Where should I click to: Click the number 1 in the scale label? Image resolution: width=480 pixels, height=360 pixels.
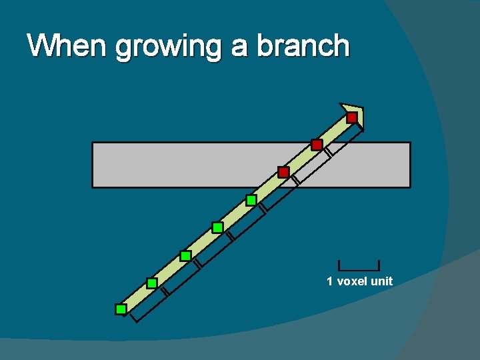click(329, 281)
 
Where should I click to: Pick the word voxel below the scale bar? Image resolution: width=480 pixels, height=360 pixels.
click(352, 281)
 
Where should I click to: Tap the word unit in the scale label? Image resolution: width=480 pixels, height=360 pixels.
click(381, 281)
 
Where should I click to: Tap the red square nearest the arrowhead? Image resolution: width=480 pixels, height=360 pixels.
click(352, 118)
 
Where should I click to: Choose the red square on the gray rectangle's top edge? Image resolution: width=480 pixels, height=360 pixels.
click(317, 145)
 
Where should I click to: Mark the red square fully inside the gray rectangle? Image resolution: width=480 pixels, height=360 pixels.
click(283, 173)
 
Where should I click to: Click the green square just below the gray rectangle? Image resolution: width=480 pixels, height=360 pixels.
click(251, 200)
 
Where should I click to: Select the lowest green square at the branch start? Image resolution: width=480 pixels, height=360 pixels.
click(121, 309)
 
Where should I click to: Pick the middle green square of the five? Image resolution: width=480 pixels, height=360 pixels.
click(185, 255)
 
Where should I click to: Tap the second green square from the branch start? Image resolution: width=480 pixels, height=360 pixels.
click(152, 283)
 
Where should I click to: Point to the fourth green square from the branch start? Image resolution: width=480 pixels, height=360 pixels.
click(217, 228)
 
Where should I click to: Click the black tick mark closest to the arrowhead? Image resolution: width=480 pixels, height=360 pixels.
click(328, 152)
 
